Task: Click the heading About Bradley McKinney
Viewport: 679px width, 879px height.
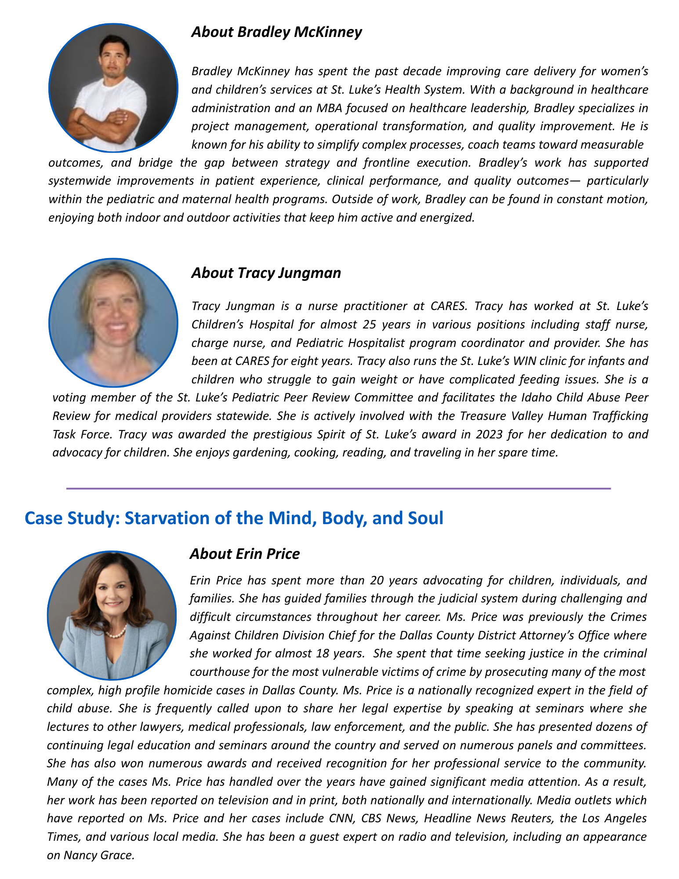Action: [276, 32]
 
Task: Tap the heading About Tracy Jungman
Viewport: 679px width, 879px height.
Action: [266, 273]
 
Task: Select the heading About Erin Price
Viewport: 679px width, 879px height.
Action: [245, 554]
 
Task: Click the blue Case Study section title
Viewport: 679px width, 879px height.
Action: [234, 518]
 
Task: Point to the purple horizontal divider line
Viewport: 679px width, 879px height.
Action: [338, 489]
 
